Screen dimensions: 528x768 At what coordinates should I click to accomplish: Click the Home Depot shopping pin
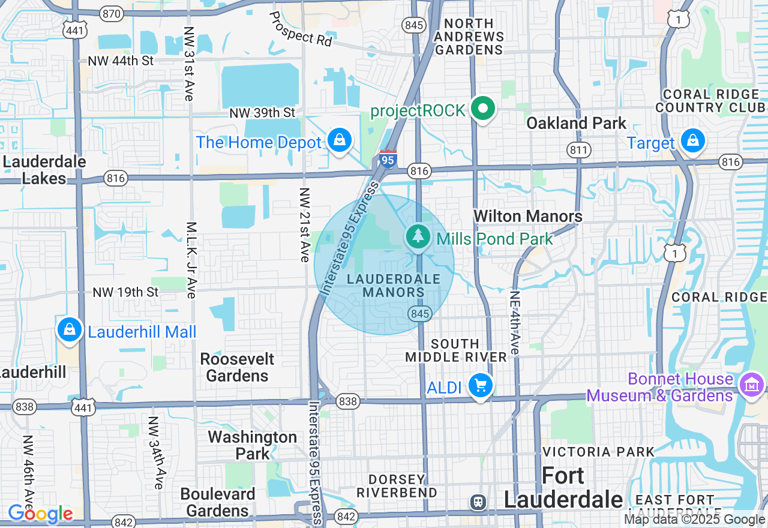(340, 140)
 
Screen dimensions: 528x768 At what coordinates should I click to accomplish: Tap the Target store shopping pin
(693, 141)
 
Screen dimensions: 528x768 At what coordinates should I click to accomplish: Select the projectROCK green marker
(482, 109)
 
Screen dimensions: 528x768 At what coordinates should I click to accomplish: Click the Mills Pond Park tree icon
(418, 236)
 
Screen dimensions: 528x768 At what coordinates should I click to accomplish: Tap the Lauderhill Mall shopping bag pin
(70, 329)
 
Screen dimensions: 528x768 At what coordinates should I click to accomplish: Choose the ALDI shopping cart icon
(480, 385)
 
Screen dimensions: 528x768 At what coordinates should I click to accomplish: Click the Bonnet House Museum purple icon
(751, 384)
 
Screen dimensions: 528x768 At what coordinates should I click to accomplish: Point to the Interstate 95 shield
(388, 160)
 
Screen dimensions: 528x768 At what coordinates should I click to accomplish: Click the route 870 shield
(112, 13)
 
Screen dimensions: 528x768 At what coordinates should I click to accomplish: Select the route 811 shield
(577, 149)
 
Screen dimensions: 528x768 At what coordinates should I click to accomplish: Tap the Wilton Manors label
(527, 216)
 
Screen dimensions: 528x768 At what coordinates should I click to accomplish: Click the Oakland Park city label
(576, 123)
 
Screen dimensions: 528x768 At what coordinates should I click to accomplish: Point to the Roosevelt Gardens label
(237, 367)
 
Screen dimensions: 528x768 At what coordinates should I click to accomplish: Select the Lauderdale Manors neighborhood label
(393, 286)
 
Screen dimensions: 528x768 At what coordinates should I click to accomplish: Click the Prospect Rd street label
(300, 28)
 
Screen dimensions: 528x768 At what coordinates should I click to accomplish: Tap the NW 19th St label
(125, 292)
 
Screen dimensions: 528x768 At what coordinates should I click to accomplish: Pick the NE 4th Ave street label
(514, 323)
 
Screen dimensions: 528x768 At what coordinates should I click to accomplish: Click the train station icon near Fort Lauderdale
(478, 501)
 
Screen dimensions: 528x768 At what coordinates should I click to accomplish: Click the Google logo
(40, 514)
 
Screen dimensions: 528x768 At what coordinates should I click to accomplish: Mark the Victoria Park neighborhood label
(598, 451)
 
